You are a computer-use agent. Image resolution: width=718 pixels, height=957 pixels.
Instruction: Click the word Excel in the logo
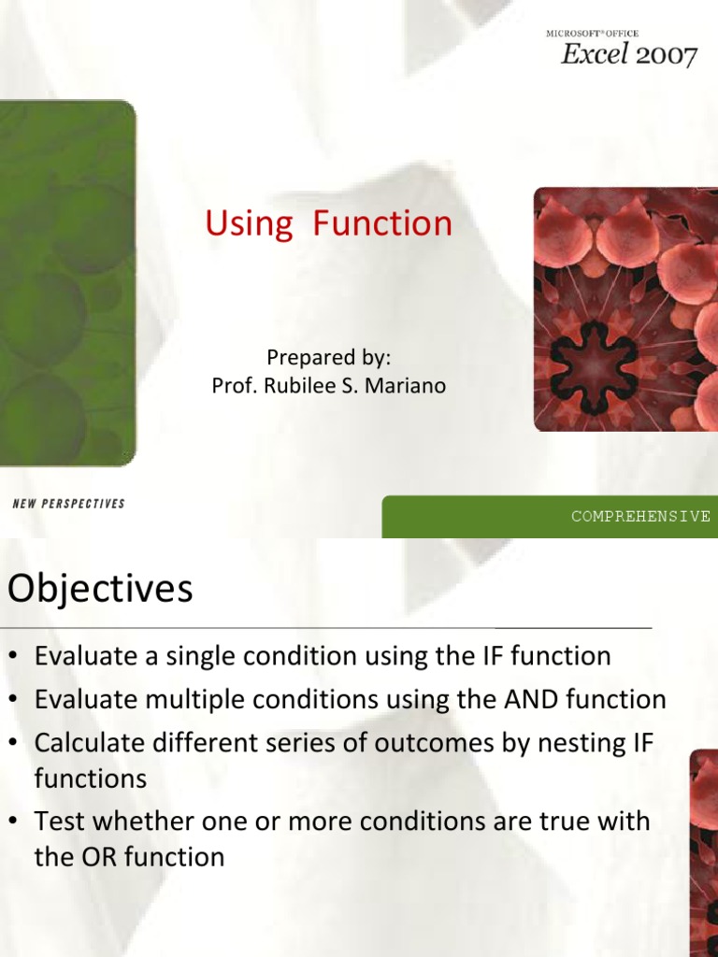[x=594, y=53]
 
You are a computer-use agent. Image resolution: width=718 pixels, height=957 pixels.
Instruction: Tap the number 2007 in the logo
[x=666, y=55]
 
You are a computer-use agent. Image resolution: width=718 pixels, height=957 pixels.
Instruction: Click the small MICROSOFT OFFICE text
[x=592, y=34]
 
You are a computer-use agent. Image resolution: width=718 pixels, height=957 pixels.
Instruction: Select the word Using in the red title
[x=249, y=223]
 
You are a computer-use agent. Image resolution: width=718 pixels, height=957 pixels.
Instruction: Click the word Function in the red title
[x=382, y=222]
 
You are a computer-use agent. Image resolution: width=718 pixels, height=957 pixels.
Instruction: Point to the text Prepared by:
[x=328, y=358]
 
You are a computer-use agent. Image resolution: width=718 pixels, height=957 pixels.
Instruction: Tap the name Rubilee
[x=299, y=386]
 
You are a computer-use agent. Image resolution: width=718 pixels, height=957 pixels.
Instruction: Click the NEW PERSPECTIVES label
[x=68, y=504]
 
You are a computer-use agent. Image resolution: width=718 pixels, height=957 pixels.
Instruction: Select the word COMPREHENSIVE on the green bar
[x=640, y=516]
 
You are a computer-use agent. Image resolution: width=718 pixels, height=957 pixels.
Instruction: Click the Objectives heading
[x=100, y=589]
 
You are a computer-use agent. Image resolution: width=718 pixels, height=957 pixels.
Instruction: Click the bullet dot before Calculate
[x=13, y=743]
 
